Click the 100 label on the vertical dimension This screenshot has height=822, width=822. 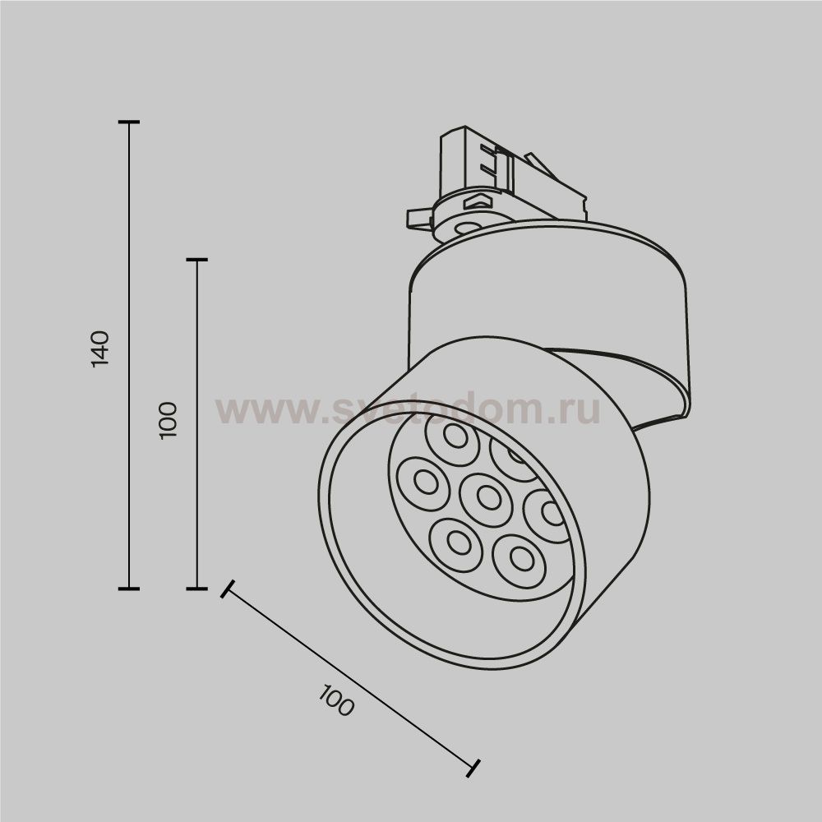(168, 419)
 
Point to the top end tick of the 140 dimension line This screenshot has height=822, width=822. (129, 122)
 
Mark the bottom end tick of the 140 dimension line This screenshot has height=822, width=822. (129, 589)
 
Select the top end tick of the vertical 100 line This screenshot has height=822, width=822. (196, 260)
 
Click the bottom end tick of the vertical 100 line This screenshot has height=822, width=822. (196, 589)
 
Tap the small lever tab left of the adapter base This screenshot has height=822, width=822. (419, 217)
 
